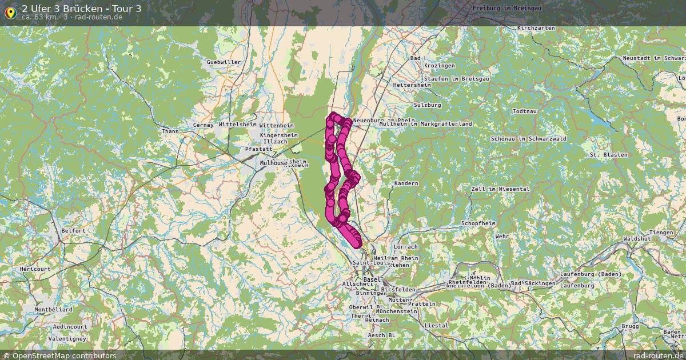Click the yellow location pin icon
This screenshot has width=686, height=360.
(x=10, y=11)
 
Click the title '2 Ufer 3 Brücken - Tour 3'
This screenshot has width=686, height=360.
(x=82, y=8)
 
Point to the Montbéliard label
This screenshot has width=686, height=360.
(x=53, y=310)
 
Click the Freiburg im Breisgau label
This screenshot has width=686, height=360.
(x=507, y=8)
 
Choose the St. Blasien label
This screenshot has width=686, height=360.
(x=608, y=155)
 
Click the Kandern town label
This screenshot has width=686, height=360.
(x=406, y=183)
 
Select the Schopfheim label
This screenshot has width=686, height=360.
(x=477, y=222)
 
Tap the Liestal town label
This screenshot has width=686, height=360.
(x=437, y=325)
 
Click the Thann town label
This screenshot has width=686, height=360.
(x=170, y=131)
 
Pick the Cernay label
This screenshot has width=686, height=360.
(x=204, y=125)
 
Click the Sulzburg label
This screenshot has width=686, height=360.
(x=428, y=105)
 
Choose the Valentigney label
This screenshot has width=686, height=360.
(x=67, y=338)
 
